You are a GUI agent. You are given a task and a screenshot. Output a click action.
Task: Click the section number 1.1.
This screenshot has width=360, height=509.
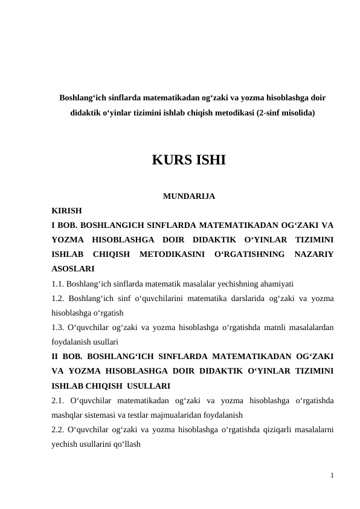coord(58,283)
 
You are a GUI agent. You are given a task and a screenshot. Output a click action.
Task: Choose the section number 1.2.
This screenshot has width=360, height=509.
coord(59,298)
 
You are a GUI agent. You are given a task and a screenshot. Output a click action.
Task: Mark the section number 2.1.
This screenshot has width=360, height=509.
coord(60,400)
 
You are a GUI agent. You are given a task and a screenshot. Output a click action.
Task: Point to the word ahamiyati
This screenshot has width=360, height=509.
coord(275,283)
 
